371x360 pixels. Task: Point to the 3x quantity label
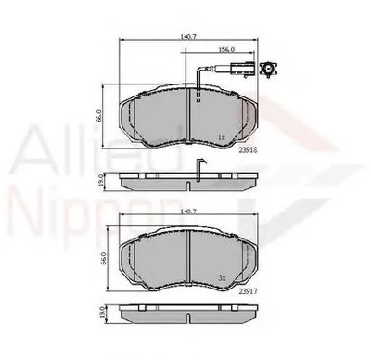tap(222, 278)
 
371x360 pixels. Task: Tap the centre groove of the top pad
tap(190, 117)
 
